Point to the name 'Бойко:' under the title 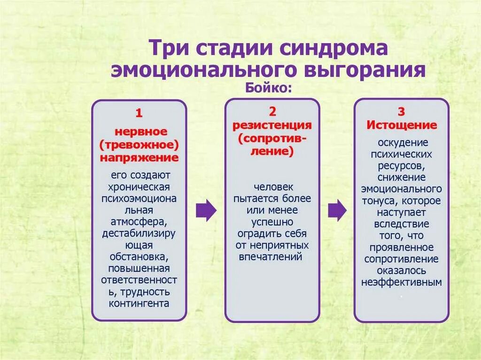point(267,88)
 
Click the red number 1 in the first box point(139,113)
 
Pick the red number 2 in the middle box point(272,111)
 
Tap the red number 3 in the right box point(401,112)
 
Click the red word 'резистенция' point(272,125)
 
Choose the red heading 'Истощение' point(402,125)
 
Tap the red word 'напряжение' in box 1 point(139,157)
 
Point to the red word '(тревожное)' point(139,144)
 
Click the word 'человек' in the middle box point(272,186)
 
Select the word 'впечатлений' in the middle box point(272,257)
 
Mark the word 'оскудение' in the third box point(401,142)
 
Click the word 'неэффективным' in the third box point(402,283)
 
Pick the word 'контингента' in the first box point(139,303)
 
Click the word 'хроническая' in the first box point(139,186)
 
